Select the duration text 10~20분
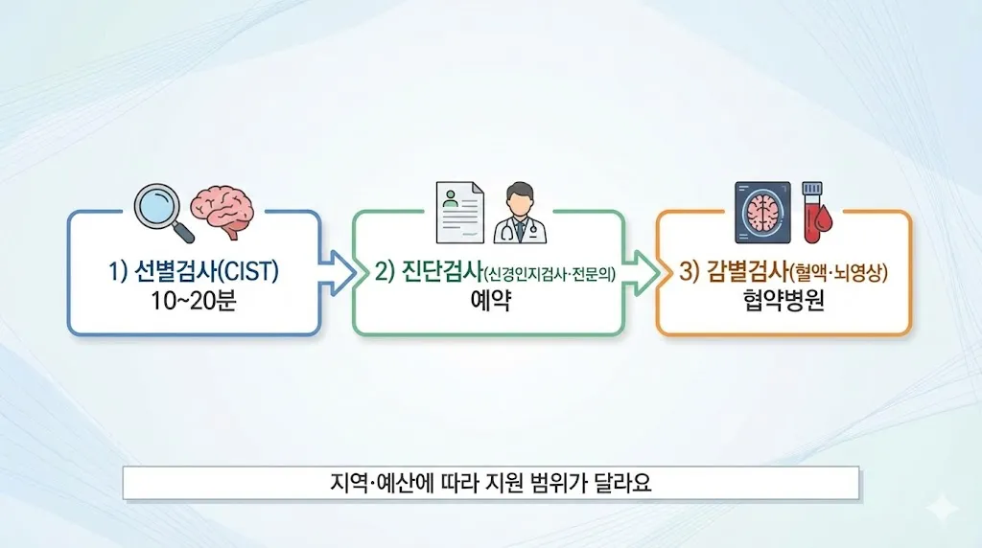pyautogui.click(x=193, y=302)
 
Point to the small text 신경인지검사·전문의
pyautogui.click(x=549, y=274)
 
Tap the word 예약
pyautogui.click(x=489, y=302)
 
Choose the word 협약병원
pyautogui.click(x=783, y=302)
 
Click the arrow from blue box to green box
pyautogui.click(x=337, y=273)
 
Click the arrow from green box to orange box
pyautogui.click(x=642, y=273)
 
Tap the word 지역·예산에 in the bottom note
pyautogui.click(x=375, y=483)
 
